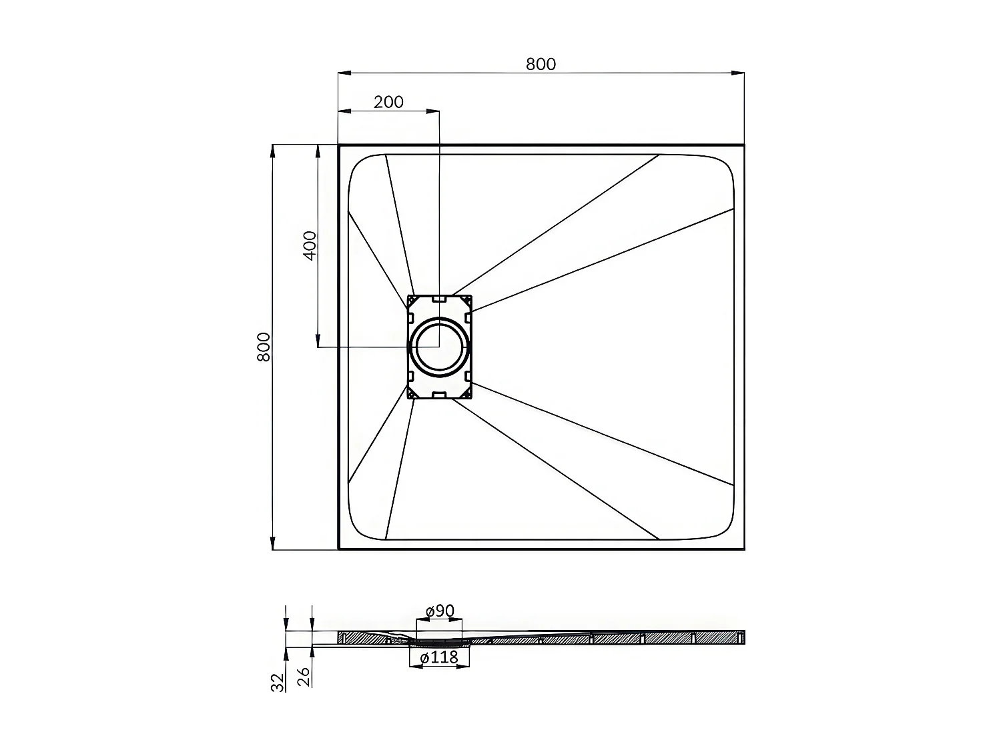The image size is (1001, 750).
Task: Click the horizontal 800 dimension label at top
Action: [541, 64]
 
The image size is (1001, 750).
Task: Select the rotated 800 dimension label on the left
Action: [264, 347]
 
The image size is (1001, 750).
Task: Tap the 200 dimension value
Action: [388, 102]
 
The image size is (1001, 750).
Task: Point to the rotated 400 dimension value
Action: [310, 245]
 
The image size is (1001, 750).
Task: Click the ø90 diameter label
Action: [440, 611]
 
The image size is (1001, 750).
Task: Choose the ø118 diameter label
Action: [439, 657]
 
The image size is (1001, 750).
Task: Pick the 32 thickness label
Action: [278, 681]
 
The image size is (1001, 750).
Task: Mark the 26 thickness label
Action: [304, 677]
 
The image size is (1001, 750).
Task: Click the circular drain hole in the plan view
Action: [439, 347]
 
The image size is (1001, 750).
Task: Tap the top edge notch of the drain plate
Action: [439, 299]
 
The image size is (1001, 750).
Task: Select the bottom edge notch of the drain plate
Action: [439, 395]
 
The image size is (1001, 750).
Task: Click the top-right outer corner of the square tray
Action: [743, 145]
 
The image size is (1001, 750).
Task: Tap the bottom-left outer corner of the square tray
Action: [339, 549]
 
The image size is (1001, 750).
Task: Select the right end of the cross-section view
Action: [743, 637]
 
